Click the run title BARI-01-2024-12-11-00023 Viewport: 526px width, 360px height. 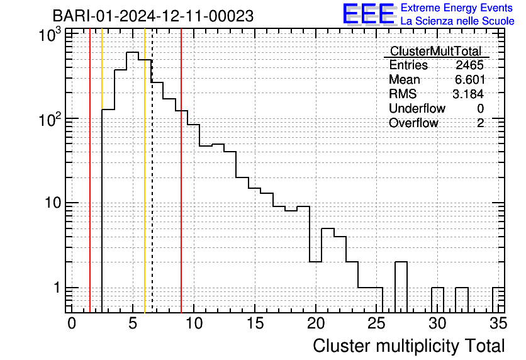153,16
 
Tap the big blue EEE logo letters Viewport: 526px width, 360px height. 369,14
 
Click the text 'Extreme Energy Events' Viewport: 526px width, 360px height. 457,8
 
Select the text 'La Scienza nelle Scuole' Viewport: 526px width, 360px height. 457,21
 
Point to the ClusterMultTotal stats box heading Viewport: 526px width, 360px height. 435,51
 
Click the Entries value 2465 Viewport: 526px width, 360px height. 469,65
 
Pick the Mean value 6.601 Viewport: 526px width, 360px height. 469,79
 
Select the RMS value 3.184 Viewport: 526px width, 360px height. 468,94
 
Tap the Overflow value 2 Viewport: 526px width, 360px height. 480,123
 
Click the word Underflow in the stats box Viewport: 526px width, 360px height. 417,108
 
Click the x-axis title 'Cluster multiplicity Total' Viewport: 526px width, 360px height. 409,346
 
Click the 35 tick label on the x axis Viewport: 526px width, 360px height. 497,323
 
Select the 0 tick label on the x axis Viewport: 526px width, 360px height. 72,323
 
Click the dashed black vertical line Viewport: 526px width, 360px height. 152,189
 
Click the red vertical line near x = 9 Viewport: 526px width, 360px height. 181,189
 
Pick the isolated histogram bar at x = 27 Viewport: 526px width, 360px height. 401,286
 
